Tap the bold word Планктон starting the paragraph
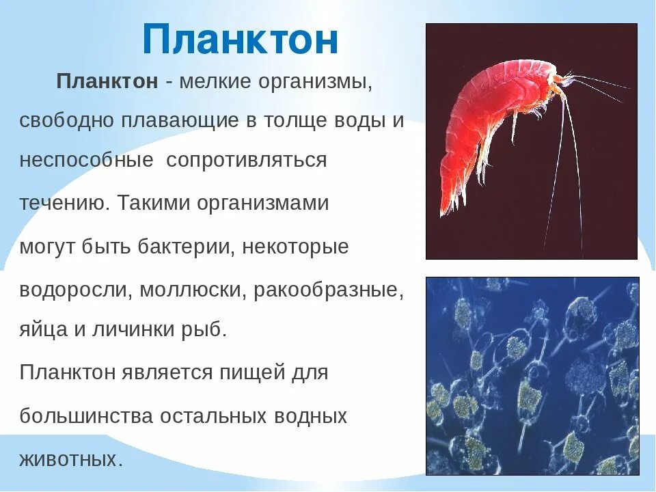pos(107,82)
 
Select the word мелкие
pos(215,82)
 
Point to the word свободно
pos(67,121)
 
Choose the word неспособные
pos(86,161)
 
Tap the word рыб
pos(204,330)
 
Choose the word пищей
pos(250,373)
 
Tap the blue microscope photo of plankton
pos(532,376)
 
